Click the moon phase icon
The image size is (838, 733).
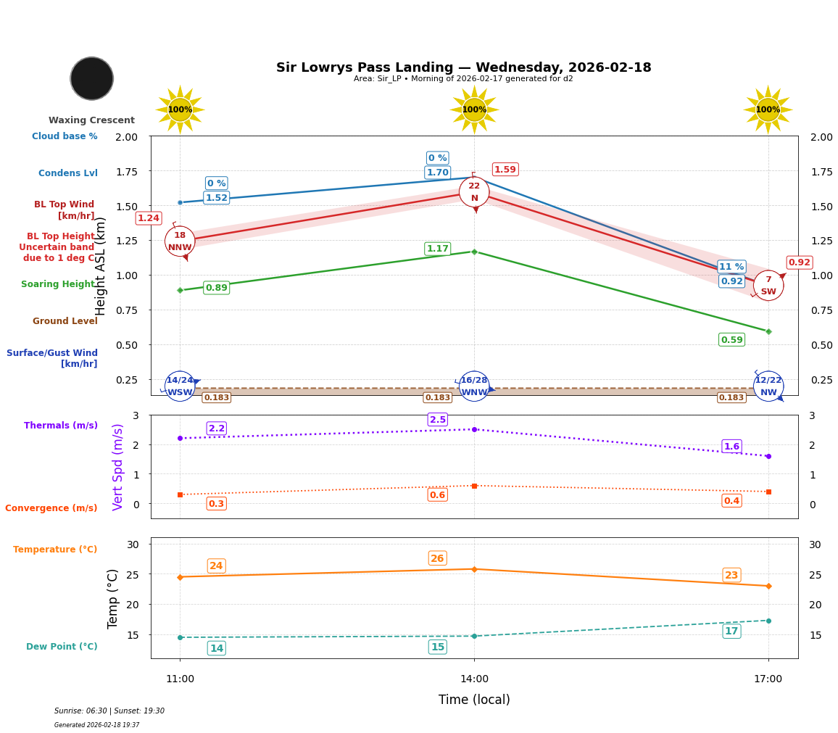92,78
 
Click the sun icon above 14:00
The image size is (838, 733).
474,109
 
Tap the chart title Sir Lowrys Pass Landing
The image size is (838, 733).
463,67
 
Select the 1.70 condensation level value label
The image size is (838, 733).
437,173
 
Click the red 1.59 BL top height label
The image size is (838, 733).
505,170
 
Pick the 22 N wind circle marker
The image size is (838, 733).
474,192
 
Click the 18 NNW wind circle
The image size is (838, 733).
180,241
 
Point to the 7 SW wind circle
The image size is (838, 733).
768,285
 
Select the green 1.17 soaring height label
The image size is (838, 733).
437,249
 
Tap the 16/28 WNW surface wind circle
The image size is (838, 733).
474,386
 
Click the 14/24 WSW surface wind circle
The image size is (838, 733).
180,386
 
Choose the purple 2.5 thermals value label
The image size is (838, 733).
437,420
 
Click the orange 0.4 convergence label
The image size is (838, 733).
731,501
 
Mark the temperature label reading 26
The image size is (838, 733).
437,558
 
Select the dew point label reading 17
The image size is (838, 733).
731,631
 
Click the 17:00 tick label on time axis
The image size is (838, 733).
768,679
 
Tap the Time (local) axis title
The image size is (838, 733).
474,700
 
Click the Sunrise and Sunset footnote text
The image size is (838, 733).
109,711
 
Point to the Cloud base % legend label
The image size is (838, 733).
65,136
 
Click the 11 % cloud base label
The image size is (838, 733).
731,267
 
